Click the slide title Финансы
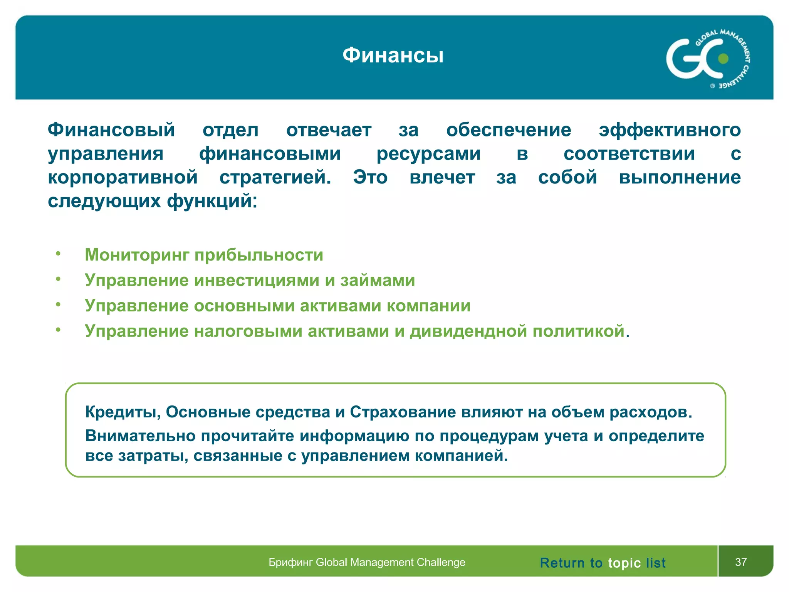click(x=393, y=55)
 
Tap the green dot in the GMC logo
click(x=724, y=59)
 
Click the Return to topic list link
click(x=603, y=563)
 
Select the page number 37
click(x=741, y=562)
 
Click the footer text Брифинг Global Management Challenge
click(x=367, y=562)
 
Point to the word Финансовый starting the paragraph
click(x=111, y=130)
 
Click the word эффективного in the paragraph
click(x=670, y=130)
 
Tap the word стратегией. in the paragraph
click(x=275, y=177)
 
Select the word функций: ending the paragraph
click(x=212, y=201)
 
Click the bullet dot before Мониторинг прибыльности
click(x=58, y=253)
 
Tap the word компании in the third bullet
click(x=428, y=306)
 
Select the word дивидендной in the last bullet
click(x=468, y=331)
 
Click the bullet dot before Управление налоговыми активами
click(x=58, y=330)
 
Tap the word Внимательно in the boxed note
click(x=141, y=436)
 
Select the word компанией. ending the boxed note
click(x=461, y=456)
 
